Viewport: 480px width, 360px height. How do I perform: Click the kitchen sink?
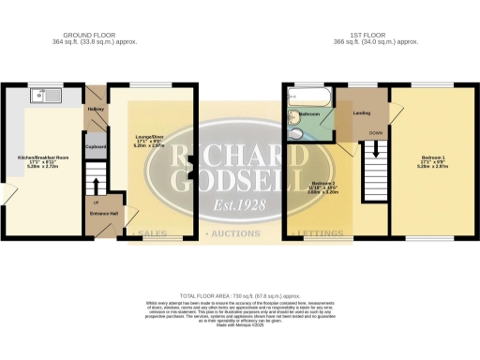tap(41, 95)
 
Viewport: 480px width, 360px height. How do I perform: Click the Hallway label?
tap(96, 110)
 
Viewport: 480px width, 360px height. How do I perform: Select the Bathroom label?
tap(310, 114)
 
